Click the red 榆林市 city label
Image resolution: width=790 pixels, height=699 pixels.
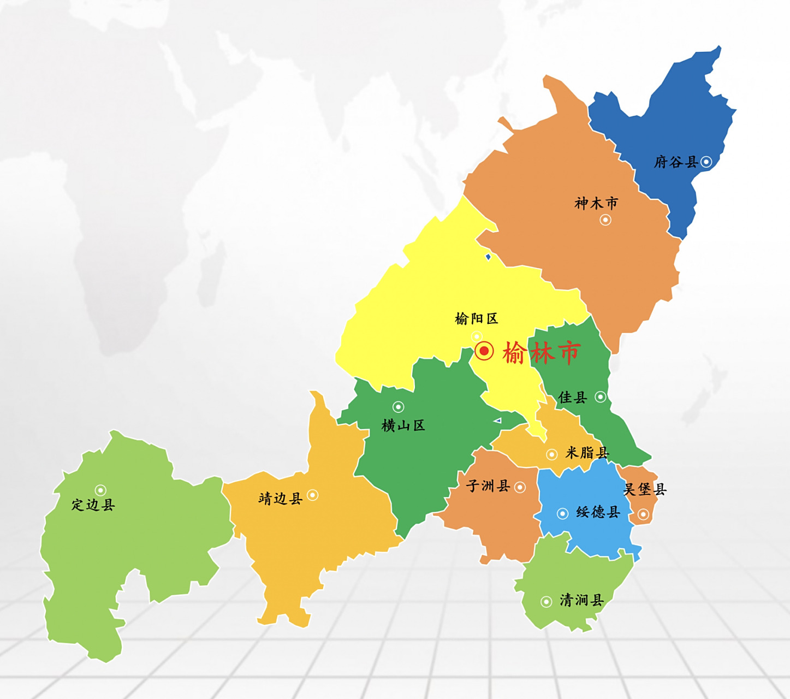(x=541, y=353)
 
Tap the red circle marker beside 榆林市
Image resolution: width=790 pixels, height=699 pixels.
(x=484, y=351)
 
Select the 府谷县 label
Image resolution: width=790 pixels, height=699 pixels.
(x=676, y=162)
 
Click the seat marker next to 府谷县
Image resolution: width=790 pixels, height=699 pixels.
(x=706, y=162)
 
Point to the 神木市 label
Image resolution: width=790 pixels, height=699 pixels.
(x=596, y=204)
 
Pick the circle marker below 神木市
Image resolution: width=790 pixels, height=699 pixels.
(x=605, y=220)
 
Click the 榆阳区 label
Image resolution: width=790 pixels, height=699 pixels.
(x=476, y=319)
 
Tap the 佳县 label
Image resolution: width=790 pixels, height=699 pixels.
(x=572, y=398)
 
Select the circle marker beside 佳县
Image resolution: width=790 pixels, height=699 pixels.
(x=601, y=397)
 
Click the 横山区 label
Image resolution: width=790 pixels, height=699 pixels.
(x=403, y=425)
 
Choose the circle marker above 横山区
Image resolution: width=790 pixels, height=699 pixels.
(x=399, y=407)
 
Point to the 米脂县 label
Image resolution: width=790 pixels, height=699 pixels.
(x=587, y=453)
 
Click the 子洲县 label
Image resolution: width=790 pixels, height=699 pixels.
(x=488, y=486)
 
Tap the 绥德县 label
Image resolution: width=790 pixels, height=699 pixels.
(x=598, y=512)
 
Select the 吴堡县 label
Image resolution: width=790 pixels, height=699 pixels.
(x=645, y=489)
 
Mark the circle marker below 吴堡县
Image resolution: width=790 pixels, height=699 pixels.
(x=643, y=514)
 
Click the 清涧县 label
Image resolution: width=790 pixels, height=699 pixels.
(x=581, y=601)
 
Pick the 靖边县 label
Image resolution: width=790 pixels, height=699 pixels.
(x=280, y=499)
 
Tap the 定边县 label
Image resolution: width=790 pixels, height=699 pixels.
(x=93, y=505)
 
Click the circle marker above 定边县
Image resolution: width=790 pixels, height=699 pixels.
(x=100, y=490)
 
